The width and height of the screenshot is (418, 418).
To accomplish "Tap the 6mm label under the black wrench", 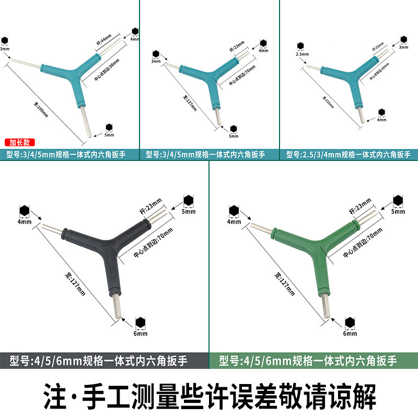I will pyautogui.click(x=141, y=333).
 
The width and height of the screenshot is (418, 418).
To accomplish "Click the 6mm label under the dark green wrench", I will pyautogui.click(x=350, y=333).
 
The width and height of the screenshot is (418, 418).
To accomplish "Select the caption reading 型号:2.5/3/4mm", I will pyautogui.click(x=349, y=155).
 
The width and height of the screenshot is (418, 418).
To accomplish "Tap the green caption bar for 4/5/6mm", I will pyautogui.click(x=313, y=361).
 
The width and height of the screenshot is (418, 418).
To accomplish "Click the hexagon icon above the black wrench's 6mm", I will pyautogui.click(x=141, y=322).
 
